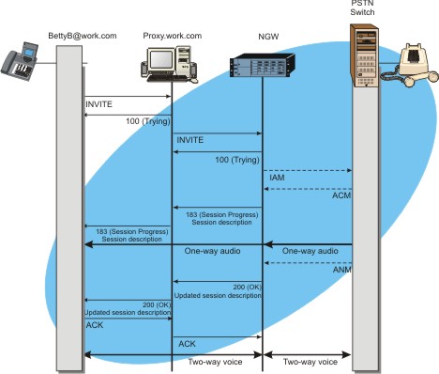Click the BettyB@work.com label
[x=83, y=36]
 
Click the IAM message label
[x=278, y=177]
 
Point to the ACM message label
[x=341, y=196]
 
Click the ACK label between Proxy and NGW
[x=188, y=345]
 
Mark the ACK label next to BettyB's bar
[x=95, y=324]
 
